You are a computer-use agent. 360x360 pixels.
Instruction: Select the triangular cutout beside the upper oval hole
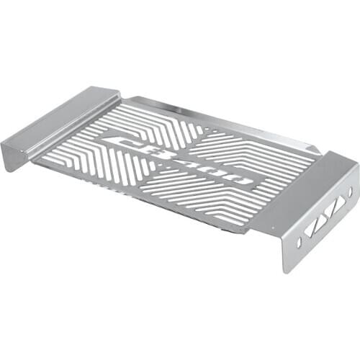pyautogui.click(x=338, y=204)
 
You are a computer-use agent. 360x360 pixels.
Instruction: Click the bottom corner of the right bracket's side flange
pyautogui.click(x=287, y=269)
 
